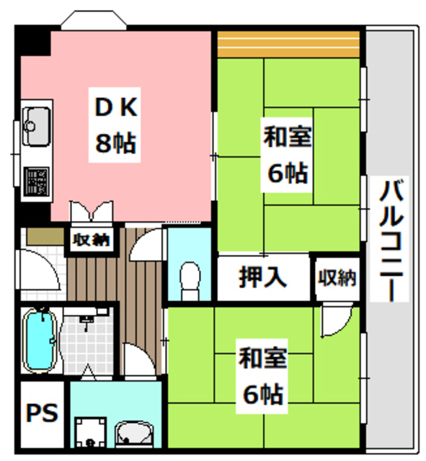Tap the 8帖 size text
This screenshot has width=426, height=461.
point(115,143)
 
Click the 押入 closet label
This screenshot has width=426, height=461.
point(263,276)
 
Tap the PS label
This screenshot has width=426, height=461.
point(42,416)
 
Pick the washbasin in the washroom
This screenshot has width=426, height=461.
point(134,434)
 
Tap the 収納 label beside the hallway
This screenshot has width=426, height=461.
point(90,240)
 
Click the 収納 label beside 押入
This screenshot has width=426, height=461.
point(337,277)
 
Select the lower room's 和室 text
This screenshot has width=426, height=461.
point(263,358)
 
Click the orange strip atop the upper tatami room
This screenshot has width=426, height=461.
point(288,45)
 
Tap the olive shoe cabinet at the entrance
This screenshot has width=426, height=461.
point(43,237)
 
